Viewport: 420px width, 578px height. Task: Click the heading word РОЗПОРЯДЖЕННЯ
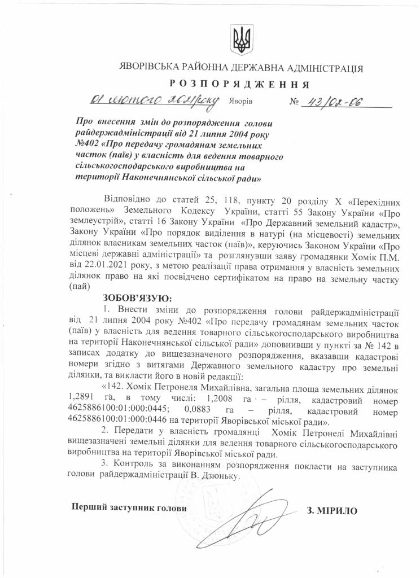coord(239,85)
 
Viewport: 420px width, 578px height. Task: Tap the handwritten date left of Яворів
coord(153,102)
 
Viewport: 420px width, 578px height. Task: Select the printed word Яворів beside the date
coord(241,103)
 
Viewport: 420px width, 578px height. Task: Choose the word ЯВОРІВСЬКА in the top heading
coord(153,68)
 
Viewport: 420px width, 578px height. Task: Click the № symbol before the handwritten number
coord(294,103)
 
